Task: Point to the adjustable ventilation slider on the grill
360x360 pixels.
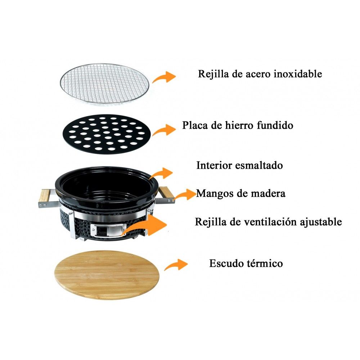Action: tap(108, 229)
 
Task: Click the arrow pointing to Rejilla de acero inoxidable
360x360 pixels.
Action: tap(164, 77)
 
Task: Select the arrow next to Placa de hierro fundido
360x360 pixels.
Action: tap(164, 130)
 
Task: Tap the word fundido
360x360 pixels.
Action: tap(275, 126)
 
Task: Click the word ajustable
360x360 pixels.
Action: tap(321, 222)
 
